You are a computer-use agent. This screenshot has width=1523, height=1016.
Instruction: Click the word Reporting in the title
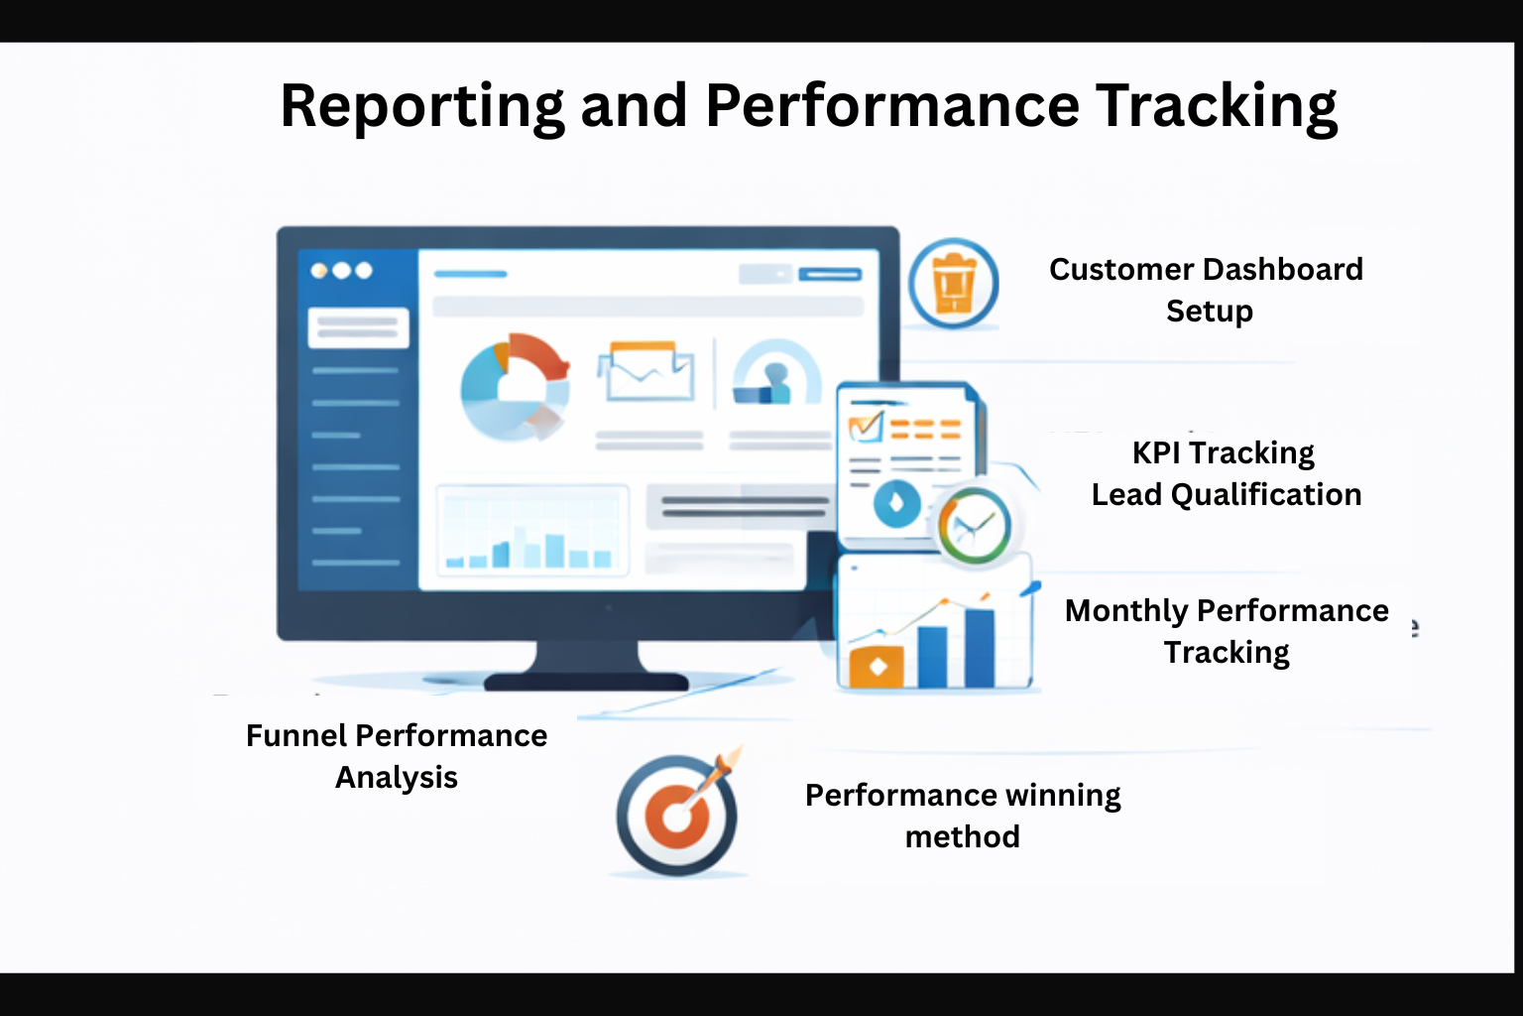pos(422,106)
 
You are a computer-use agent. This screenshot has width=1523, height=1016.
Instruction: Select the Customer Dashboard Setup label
pos(1206,290)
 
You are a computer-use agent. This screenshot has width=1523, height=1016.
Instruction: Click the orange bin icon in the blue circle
pos(953,284)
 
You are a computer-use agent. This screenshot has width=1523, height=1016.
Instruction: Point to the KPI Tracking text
pos(1223,452)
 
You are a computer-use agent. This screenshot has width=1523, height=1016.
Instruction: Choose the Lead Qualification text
pos(1226,494)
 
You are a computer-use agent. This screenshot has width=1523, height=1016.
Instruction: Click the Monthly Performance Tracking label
pos(1227,631)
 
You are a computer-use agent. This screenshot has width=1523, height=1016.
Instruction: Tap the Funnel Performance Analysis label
pos(397,756)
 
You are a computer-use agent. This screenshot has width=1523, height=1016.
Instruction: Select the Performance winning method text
pos(962,816)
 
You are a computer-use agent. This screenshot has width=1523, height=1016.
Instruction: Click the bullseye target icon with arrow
pos(677,814)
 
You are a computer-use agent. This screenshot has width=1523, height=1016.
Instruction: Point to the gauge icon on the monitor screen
pos(776,375)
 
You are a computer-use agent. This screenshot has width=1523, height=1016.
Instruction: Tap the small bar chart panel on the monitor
pos(532,531)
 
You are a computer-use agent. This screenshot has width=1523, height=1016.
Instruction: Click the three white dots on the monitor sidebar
pos(341,270)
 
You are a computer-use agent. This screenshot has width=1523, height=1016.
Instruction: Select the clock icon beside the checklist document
pos(974,526)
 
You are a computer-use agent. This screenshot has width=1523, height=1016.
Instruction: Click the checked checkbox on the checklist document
pos(865,427)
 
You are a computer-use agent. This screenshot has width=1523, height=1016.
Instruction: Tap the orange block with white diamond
pos(877,667)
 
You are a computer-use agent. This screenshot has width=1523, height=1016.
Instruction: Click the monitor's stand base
pos(586,680)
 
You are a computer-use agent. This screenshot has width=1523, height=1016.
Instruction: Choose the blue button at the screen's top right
pos(830,274)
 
